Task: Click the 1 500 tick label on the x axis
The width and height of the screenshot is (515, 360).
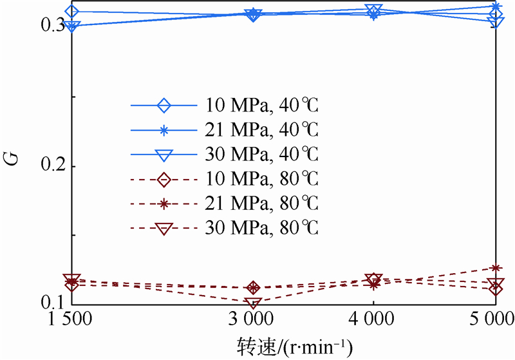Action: tap(72, 319)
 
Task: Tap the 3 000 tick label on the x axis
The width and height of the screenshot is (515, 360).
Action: tap(253, 319)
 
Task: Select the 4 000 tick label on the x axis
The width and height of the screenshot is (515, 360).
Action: tap(374, 319)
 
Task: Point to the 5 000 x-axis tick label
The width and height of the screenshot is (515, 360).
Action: tap(494, 319)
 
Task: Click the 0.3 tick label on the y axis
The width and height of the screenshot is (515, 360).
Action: tap(50, 25)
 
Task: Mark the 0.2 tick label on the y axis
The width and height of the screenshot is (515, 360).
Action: tap(50, 166)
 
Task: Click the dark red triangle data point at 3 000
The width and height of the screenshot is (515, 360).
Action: tap(253, 302)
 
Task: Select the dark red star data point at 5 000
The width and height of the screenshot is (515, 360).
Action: tap(495, 268)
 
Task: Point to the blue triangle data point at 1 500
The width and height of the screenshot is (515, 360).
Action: tap(72, 26)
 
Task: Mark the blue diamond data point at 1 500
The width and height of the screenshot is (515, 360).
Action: tap(72, 12)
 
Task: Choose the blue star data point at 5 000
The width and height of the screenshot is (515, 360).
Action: tap(495, 7)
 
